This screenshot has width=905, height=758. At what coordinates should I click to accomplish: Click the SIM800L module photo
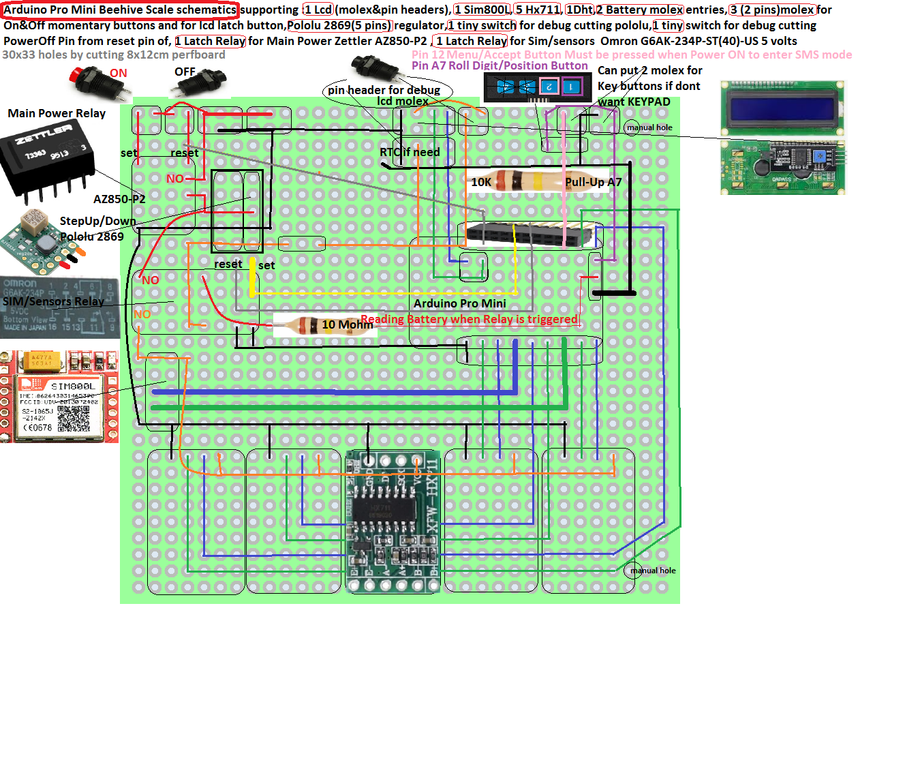(x=60, y=397)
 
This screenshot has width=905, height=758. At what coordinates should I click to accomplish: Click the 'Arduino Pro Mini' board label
(x=459, y=303)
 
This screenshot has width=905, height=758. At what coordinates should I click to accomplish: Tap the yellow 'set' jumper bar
(x=253, y=277)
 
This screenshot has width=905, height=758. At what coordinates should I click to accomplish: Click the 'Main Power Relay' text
(x=57, y=113)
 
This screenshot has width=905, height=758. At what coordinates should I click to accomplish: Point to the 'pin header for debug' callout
(x=384, y=90)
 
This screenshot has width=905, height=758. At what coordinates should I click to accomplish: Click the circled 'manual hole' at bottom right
(x=632, y=571)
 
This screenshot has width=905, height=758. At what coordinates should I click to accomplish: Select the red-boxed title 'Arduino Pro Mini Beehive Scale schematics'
(x=120, y=10)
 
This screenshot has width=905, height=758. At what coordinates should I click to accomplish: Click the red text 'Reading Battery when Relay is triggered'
(x=470, y=319)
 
